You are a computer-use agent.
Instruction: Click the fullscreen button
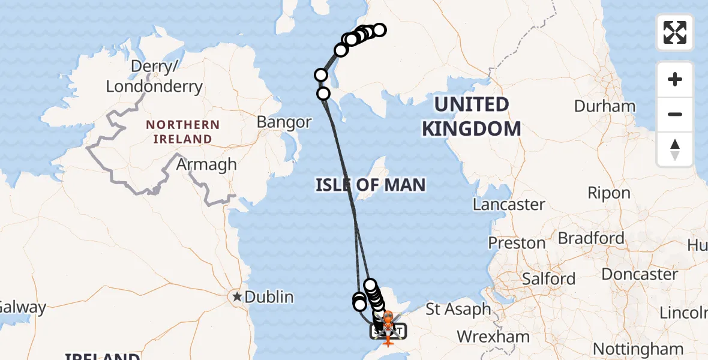[675, 32]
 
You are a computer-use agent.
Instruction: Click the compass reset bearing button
[675, 149]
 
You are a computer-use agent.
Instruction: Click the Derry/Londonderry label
[154, 76]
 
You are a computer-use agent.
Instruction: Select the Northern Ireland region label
[182, 131]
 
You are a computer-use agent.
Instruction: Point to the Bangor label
[284, 122]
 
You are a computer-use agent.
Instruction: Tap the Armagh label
[207, 164]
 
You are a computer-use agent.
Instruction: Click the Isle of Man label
[371, 185]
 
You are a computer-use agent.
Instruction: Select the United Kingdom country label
[471, 116]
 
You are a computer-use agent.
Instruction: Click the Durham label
[604, 106]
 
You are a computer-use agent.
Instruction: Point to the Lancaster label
[509, 204]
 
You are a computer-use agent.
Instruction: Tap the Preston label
[517, 243]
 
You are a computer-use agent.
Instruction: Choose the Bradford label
[591, 238]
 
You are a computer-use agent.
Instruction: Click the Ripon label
[609, 193]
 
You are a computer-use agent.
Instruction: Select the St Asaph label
[458, 310]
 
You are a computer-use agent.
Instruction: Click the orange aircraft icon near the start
[388, 341]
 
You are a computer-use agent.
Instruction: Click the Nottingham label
[638, 348]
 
